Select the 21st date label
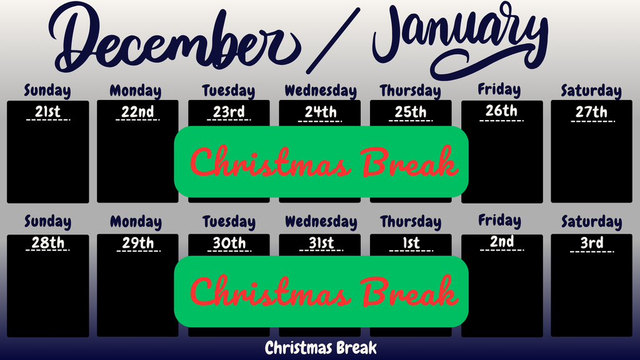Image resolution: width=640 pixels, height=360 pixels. click(x=47, y=112)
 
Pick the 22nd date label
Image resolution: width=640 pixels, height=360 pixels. click(x=137, y=112)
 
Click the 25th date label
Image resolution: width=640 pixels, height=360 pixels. click(x=411, y=112)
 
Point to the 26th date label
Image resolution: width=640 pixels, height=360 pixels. click(x=501, y=111)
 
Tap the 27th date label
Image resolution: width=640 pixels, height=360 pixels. click(x=591, y=112)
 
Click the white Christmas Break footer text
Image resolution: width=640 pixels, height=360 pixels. click(x=321, y=348)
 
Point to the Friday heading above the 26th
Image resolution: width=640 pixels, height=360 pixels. click(x=499, y=90)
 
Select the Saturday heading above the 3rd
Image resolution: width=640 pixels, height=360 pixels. click(x=591, y=222)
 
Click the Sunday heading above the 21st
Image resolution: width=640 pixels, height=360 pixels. click(x=47, y=91)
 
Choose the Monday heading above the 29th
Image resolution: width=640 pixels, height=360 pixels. click(x=136, y=222)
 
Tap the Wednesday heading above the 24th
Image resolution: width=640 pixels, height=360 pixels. click(x=321, y=91)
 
